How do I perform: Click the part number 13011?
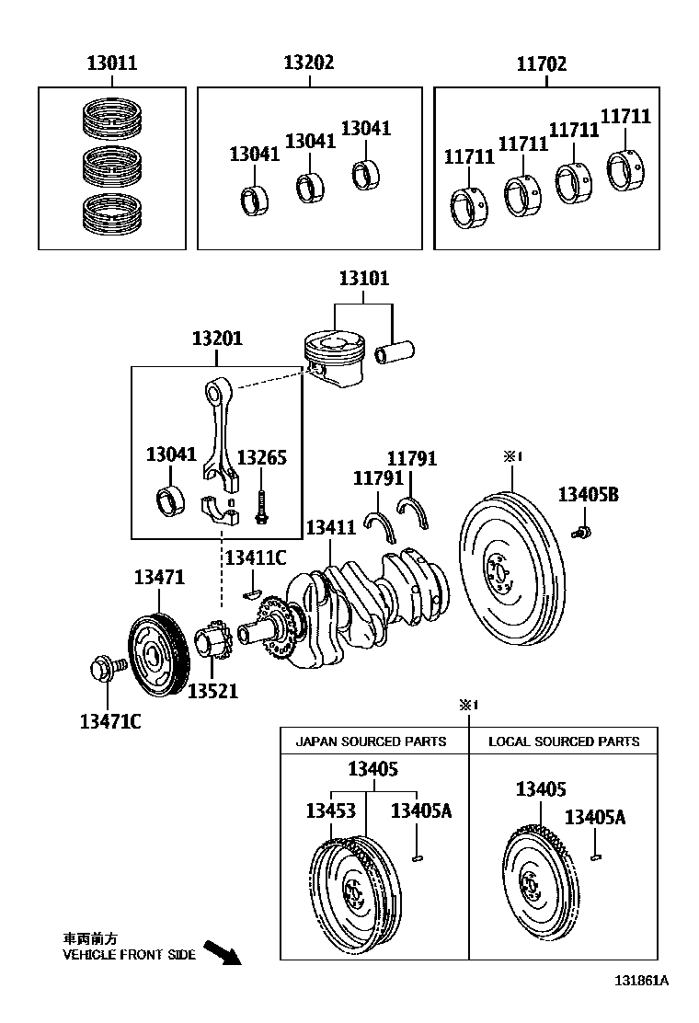pyautogui.click(x=111, y=63)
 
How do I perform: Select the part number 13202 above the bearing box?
pyautogui.click(x=308, y=63)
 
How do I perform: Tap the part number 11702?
pyautogui.click(x=541, y=63)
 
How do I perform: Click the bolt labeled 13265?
pyautogui.click(x=261, y=506)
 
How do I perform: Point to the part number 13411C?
pyautogui.click(x=256, y=557)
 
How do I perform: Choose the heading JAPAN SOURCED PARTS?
pyautogui.click(x=371, y=741)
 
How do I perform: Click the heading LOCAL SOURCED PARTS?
pyautogui.click(x=564, y=741)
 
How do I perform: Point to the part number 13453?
pyautogui.click(x=330, y=810)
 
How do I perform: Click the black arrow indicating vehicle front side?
pyautogui.click(x=221, y=952)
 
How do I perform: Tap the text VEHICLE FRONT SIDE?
pyautogui.click(x=129, y=955)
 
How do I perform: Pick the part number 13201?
pyautogui.click(x=217, y=339)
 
